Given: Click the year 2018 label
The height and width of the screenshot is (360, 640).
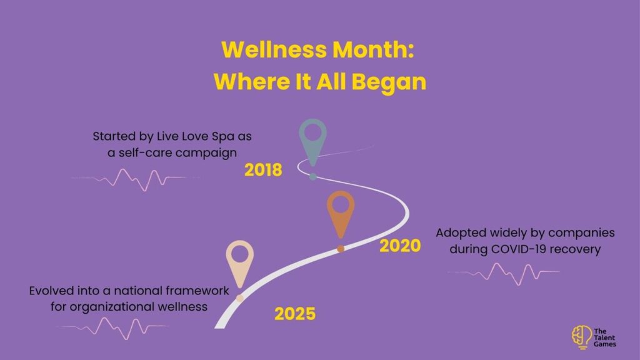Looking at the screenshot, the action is (x=263, y=170).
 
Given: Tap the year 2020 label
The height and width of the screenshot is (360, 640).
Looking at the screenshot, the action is (x=400, y=246).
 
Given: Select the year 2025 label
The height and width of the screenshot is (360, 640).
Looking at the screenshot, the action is (x=295, y=314).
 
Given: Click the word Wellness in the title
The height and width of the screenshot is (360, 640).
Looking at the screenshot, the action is (x=274, y=49).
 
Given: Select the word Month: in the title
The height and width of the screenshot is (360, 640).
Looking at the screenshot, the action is (x=373, y=49).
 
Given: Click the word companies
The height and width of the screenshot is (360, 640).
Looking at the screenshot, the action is (x=581, y=233).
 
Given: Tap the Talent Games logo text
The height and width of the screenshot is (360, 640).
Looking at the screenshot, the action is (x=604, y=337).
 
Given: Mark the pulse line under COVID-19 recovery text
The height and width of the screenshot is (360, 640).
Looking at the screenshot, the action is (x=504, y=274).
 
